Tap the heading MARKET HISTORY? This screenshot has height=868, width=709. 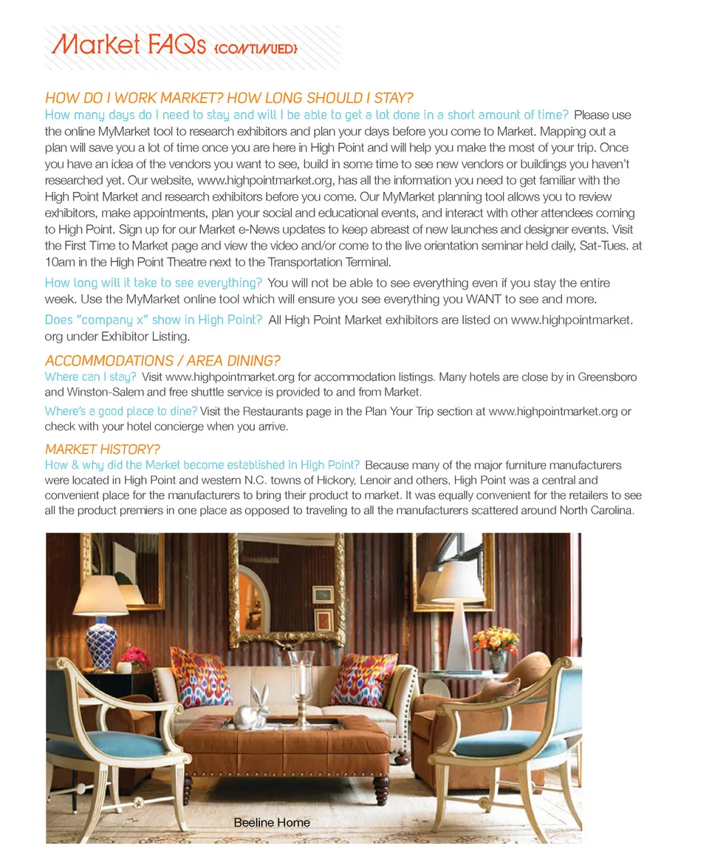tap(102, 449)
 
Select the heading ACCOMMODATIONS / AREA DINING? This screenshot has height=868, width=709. tap(162, 361)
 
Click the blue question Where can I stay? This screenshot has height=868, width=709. tap(90, 377)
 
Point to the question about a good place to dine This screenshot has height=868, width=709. tap(120, 411)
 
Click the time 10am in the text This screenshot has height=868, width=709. tap(60, 262)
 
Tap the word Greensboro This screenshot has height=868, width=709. tap(606, 377)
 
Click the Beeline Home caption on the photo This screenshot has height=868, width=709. tap(272, 822)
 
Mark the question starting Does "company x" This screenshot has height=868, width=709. tap(154, 320)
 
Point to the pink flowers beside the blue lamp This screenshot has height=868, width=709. tap(136, 656)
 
